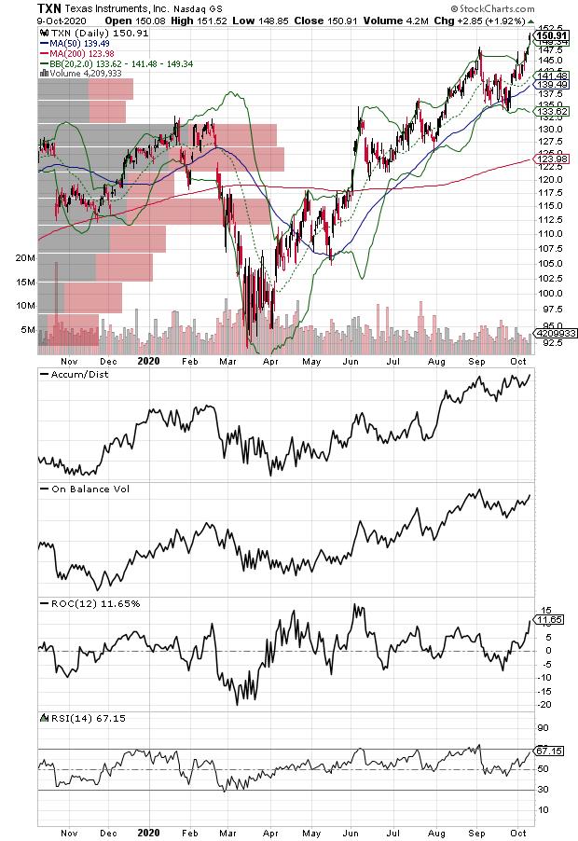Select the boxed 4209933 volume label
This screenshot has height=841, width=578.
click(x=553, y=332)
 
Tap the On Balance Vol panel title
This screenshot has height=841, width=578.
click(x=79, y=489)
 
